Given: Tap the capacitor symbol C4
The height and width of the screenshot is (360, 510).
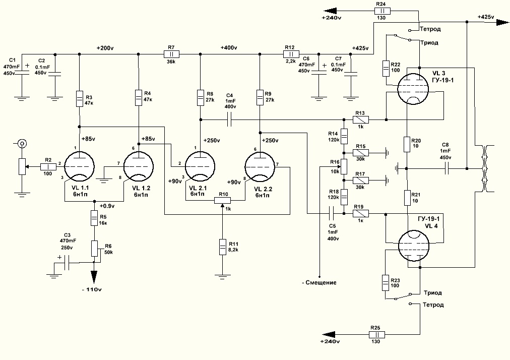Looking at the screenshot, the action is click(x=230, y=120).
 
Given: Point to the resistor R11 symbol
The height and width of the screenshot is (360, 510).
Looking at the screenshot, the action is click(x=222, y=247).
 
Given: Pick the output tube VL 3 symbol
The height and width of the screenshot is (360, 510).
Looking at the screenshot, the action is click(x=413, y=89).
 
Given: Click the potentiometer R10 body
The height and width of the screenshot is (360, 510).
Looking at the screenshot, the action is click(x=222, y=200).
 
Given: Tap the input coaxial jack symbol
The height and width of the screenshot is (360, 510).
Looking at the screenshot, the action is click(x=22, y=143).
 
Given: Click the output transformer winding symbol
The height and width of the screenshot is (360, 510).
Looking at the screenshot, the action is click(x=486, y=168).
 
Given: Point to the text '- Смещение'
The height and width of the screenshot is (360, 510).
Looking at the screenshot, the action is click(x=319, y=282).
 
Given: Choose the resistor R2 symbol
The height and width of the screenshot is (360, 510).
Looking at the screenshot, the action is click(x=48, y=167).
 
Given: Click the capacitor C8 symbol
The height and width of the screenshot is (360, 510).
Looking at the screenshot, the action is click(x=447, y=168).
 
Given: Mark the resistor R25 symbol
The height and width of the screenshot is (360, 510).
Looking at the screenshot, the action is click(x=377, y=335).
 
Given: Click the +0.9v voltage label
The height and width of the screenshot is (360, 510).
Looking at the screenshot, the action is click(x=107, y=206).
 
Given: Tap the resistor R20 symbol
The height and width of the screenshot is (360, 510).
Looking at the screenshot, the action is click(x=407, y=144).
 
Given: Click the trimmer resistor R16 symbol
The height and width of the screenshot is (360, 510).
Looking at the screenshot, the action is click(x=344, y=167).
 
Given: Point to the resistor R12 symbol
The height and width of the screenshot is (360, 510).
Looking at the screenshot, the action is click(x=291, y=54).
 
